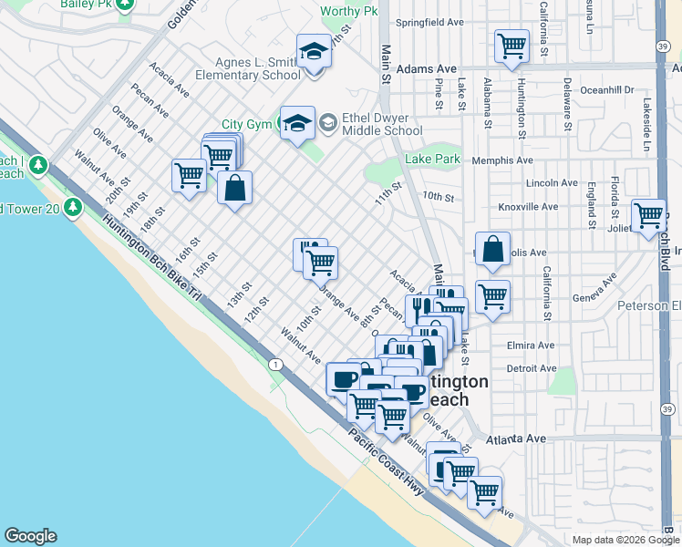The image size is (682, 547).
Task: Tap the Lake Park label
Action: point(432,160)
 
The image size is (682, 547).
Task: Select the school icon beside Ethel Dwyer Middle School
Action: point(297,123)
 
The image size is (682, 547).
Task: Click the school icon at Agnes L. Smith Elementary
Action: point(314,50)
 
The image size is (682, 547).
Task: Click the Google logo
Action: point(30,536)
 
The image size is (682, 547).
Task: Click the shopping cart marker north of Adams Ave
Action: point(511,46)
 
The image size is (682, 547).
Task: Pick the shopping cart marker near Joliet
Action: point(648,216)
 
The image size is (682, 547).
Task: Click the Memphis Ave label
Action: point(502,160)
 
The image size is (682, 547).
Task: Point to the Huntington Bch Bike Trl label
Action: point(151,259)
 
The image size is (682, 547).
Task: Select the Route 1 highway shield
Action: point(274,365)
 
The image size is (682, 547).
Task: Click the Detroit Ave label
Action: point(531,368)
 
